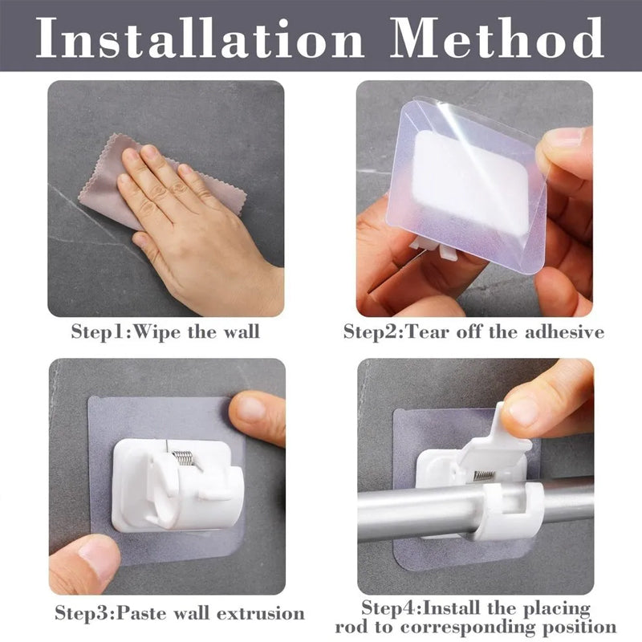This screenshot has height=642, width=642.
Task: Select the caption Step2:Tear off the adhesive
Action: [473, 331]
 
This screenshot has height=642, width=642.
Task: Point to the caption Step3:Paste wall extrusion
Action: [180, 613]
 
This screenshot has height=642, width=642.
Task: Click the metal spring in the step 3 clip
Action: [183, 458]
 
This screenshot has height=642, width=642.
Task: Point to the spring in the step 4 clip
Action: [483, 474]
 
